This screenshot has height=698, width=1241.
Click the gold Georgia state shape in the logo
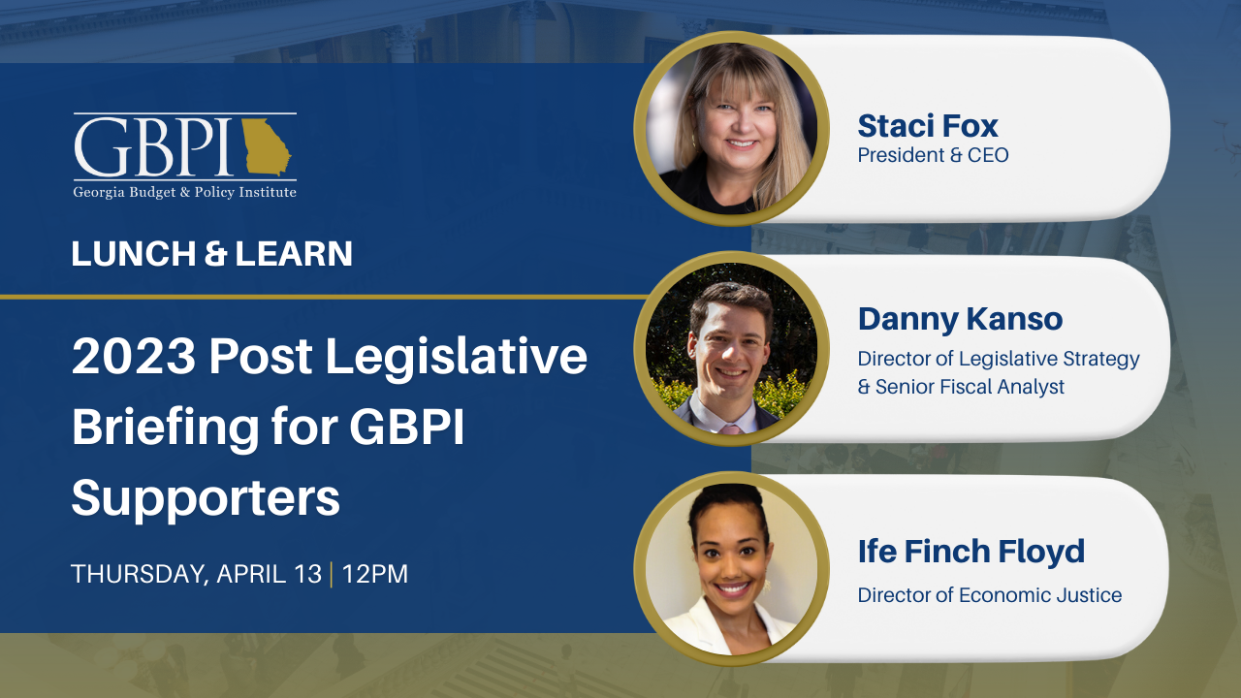tap(265, 146)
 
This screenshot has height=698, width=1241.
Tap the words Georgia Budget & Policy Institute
tap(184, 192)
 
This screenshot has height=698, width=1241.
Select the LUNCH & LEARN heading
tap(211, 254)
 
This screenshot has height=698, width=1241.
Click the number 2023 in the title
tap(131, 358)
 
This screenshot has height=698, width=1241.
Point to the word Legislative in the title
tap(456, 358)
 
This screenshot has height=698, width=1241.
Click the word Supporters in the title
tap(206, 498)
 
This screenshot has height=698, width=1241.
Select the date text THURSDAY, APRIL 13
tap(196, 574)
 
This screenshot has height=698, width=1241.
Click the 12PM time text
tap(374, 574)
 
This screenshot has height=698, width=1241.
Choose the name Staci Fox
tap(928, 125)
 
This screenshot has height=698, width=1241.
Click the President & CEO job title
tap(933, 155)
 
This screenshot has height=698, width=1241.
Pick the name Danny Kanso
tap(960, 318)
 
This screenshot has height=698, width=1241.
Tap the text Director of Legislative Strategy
tap(999, 359)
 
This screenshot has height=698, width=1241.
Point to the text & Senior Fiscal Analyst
tap(961, 387)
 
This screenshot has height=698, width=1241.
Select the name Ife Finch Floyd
tap(971, 552)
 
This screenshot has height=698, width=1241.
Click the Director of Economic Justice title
tap(989, 595)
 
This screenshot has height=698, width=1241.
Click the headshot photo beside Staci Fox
tap(731, 129)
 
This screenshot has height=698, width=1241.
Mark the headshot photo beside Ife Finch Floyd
tap(731, 568)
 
